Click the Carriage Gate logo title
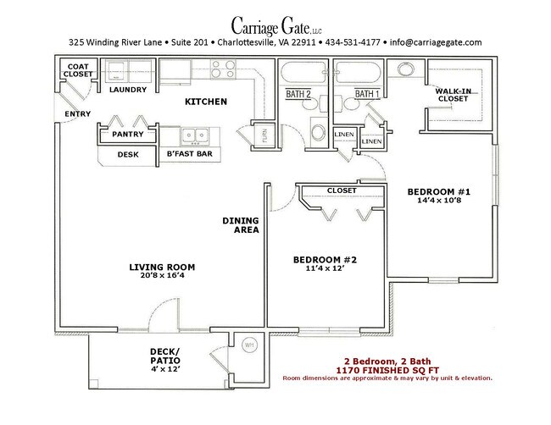click(x=276, y=26)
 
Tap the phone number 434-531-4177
click(x=353, y=42)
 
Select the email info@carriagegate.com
click(x=436, y=42)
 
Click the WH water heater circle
click(x=249, y=345)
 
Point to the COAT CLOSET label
click(x=78, y=70)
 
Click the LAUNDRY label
click(x=128, y=90)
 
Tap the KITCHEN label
click(x=206, y=102)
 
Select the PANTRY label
click(x=128, y=134)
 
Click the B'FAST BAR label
click(x=189, y=153)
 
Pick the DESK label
click(x=128, y=154)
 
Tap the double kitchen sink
click(x=194, y=136)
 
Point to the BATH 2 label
click(x=298, y=94)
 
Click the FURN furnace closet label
click(x=264, y=135)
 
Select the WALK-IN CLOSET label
click(x=453, y=95)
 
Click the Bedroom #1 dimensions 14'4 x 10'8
click(x=439, y=201)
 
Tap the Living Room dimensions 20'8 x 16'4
click(x=162, y=275)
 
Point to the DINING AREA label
click(x=241, y=225)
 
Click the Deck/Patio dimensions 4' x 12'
click(x=165, y=369)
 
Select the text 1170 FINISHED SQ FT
click(x=387, y=370)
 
